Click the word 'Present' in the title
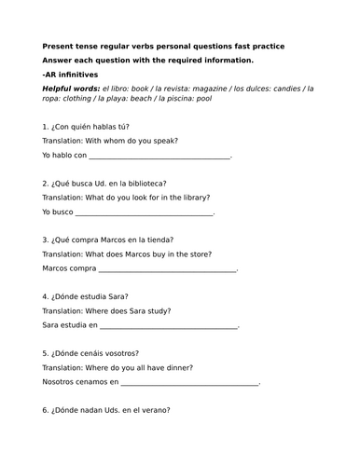coord(59,46)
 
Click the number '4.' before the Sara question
coord(47,297)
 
